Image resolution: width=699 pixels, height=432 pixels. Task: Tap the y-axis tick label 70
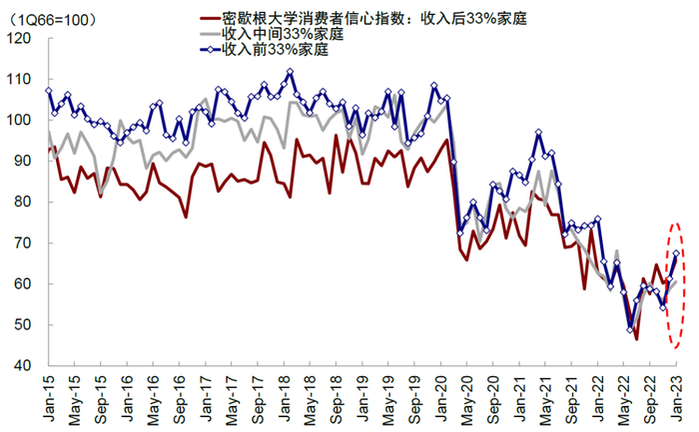click(21, 243)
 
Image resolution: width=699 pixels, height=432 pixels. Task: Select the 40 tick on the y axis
click(21, 366)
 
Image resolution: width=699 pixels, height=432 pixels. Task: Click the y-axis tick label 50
click(21, 325)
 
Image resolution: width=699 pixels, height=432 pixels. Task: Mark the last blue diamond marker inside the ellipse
click(676, 253)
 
